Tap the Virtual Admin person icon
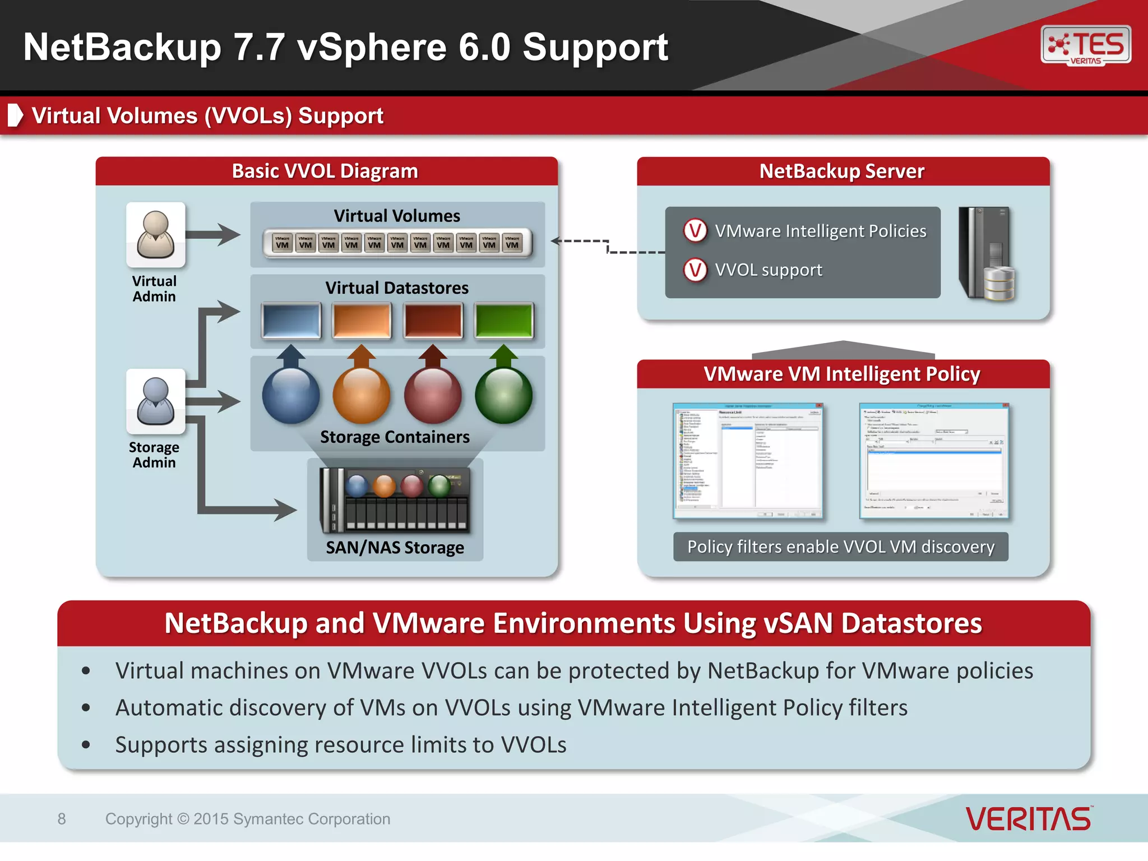tap(155, 235)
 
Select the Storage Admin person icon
tap(155, 401)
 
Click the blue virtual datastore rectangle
tap(291, 321)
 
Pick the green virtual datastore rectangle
tap(503, 321)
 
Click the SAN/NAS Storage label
tap(395, 547)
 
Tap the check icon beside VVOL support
tap(695, 270)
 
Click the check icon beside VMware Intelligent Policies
tap(695, 230)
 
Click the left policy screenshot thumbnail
tap(748, 460)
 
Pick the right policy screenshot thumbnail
tap(933, 460)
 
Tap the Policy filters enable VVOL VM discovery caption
tap(840, 547)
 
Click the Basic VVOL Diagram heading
tap(325, 171)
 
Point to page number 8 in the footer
tap(62, 819)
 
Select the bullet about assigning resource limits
tap(341, 744)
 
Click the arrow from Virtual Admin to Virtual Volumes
tap(212, 234)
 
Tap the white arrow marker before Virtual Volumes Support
tap(16, 115)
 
